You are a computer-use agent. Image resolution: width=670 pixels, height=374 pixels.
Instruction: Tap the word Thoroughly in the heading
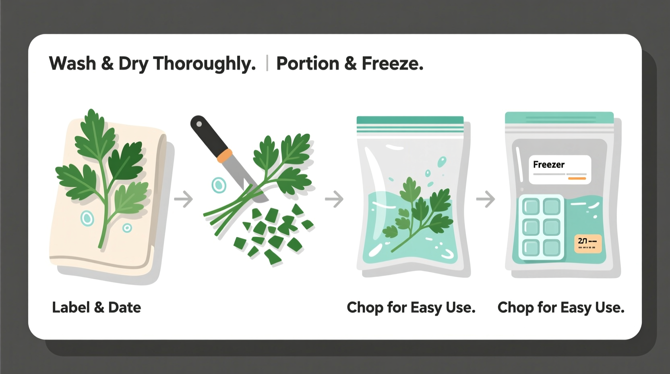[204, 64]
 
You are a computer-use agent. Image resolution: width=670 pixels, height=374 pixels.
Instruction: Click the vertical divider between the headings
[267, 64]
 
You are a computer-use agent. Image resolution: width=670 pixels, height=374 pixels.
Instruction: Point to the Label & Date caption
[97, 308]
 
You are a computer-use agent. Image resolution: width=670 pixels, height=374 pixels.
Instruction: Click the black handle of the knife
[207, 135]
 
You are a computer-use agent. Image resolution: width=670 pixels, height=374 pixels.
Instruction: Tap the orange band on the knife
[225, 156]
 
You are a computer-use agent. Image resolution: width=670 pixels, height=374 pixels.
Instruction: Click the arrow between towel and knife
[184, 199]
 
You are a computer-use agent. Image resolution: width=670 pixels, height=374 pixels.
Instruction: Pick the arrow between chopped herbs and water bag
[334, 199]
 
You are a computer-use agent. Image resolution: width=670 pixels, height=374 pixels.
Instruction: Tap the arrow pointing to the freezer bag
[486, 199]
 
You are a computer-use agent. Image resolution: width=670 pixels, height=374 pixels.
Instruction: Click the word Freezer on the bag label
[549, 164]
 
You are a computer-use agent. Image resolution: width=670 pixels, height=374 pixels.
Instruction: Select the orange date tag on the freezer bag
[587, 243]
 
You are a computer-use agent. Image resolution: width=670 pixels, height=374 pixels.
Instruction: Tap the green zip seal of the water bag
[410, 121]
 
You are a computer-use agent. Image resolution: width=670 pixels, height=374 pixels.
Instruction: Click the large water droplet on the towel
[87, 218]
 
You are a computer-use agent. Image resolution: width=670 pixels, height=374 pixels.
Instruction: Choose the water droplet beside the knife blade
[219, 185]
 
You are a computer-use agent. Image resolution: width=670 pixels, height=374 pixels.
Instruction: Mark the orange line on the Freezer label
[577, 178]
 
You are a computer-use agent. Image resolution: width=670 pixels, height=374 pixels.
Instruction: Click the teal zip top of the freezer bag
[559, 118]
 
